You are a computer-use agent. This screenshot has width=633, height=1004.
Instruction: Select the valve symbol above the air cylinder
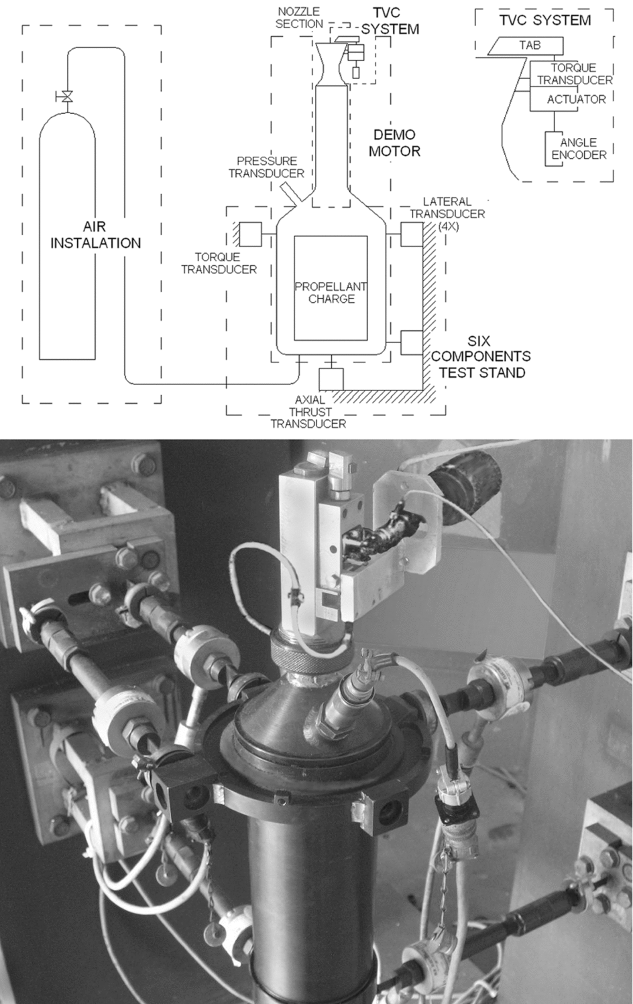click(x=66, y=97)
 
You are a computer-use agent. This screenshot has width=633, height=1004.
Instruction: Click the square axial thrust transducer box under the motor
click(x=331, y=379)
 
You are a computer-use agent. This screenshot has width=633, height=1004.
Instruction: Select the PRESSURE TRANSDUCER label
click(x=266, y=167)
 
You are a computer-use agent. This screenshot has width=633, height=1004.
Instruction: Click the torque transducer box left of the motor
click(x=250, y=234)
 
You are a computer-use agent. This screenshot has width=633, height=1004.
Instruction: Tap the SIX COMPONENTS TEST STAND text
click(x=481, y=356)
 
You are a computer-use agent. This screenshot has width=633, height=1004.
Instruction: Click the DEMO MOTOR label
click(x=394, y=143)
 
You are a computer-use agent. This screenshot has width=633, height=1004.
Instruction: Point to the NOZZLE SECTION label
click(x=299, y=17)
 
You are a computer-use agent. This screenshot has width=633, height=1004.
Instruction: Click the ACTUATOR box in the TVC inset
click(x=575, y=99)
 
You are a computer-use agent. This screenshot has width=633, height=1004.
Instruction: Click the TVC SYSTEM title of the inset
click(x=544, y=20)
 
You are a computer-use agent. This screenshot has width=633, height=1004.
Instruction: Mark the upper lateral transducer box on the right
click(x=411, y=234)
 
